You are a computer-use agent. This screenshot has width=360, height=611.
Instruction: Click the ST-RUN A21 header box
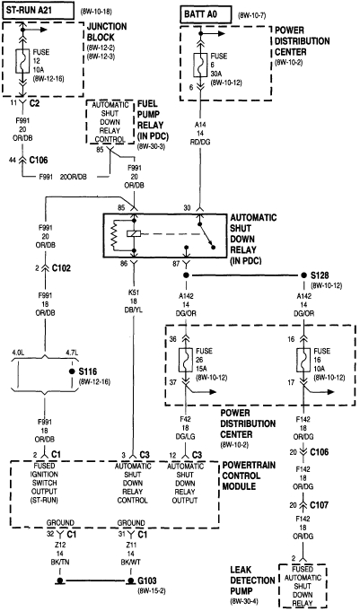[x=41, y=10]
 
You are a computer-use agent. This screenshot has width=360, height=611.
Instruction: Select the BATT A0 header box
[x=204, y=10]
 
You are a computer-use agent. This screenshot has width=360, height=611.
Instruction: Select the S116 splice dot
[x=71, y=371]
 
